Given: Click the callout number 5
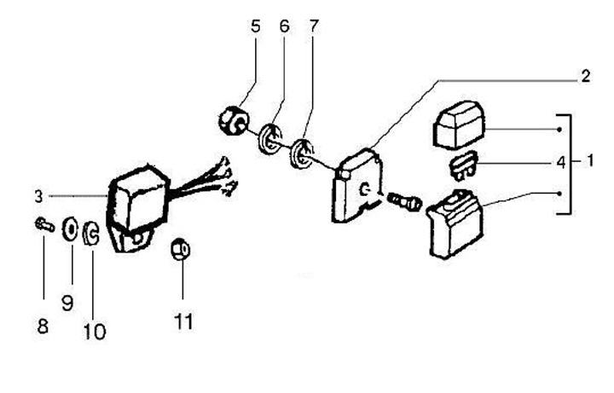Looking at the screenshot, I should [255, 26].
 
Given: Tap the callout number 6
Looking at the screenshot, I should [284, 26].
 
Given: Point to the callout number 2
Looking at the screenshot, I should [585, 76].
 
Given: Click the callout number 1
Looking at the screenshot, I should [589, 159].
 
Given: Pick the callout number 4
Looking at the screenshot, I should [559, 159].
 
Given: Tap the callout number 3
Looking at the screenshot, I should [38, 196].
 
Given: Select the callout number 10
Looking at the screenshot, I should [95, 331].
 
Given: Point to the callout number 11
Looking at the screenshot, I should [183, 321].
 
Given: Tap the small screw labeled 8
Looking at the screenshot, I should [43, 226].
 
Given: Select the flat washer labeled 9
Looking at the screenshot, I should [72, 229].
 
